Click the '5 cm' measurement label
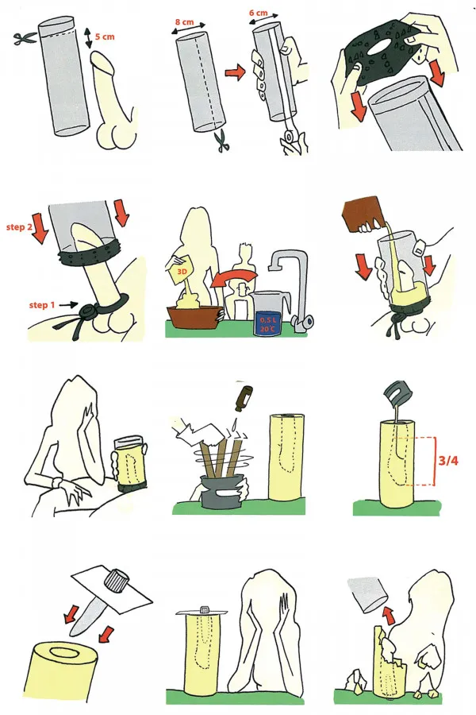point(105,37)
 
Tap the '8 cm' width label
point(184,21)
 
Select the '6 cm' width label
point(259,14)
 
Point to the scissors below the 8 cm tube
point(223,141)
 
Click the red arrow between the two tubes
point(235,73)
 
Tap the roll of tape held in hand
point(288,136)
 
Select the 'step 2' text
point(19,226)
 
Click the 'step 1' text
point(41,304)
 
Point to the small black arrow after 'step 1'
point(66,303)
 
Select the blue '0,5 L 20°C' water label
point(267,324)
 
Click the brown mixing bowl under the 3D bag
point(194,317)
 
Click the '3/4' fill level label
point(447,461)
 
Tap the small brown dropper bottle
point(240,398)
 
